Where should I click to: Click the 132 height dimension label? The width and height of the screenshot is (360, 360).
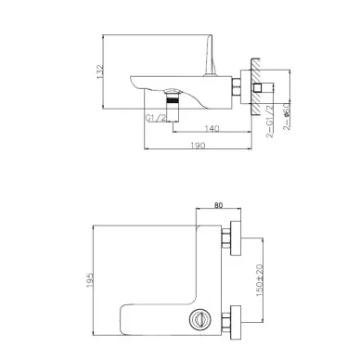100,71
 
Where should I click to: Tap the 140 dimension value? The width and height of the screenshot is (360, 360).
212,128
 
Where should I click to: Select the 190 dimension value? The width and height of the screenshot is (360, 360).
198,145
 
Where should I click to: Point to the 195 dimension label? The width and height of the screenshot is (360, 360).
90,280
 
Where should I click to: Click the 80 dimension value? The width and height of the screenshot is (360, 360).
218,205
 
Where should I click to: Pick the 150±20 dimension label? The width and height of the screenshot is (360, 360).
260,280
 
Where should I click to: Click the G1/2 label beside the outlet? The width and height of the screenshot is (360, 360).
156,118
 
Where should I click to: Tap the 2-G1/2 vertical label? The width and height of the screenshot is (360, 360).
270,121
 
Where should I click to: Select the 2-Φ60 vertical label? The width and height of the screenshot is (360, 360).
287,116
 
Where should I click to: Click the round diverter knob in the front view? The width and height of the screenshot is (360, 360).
198,318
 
